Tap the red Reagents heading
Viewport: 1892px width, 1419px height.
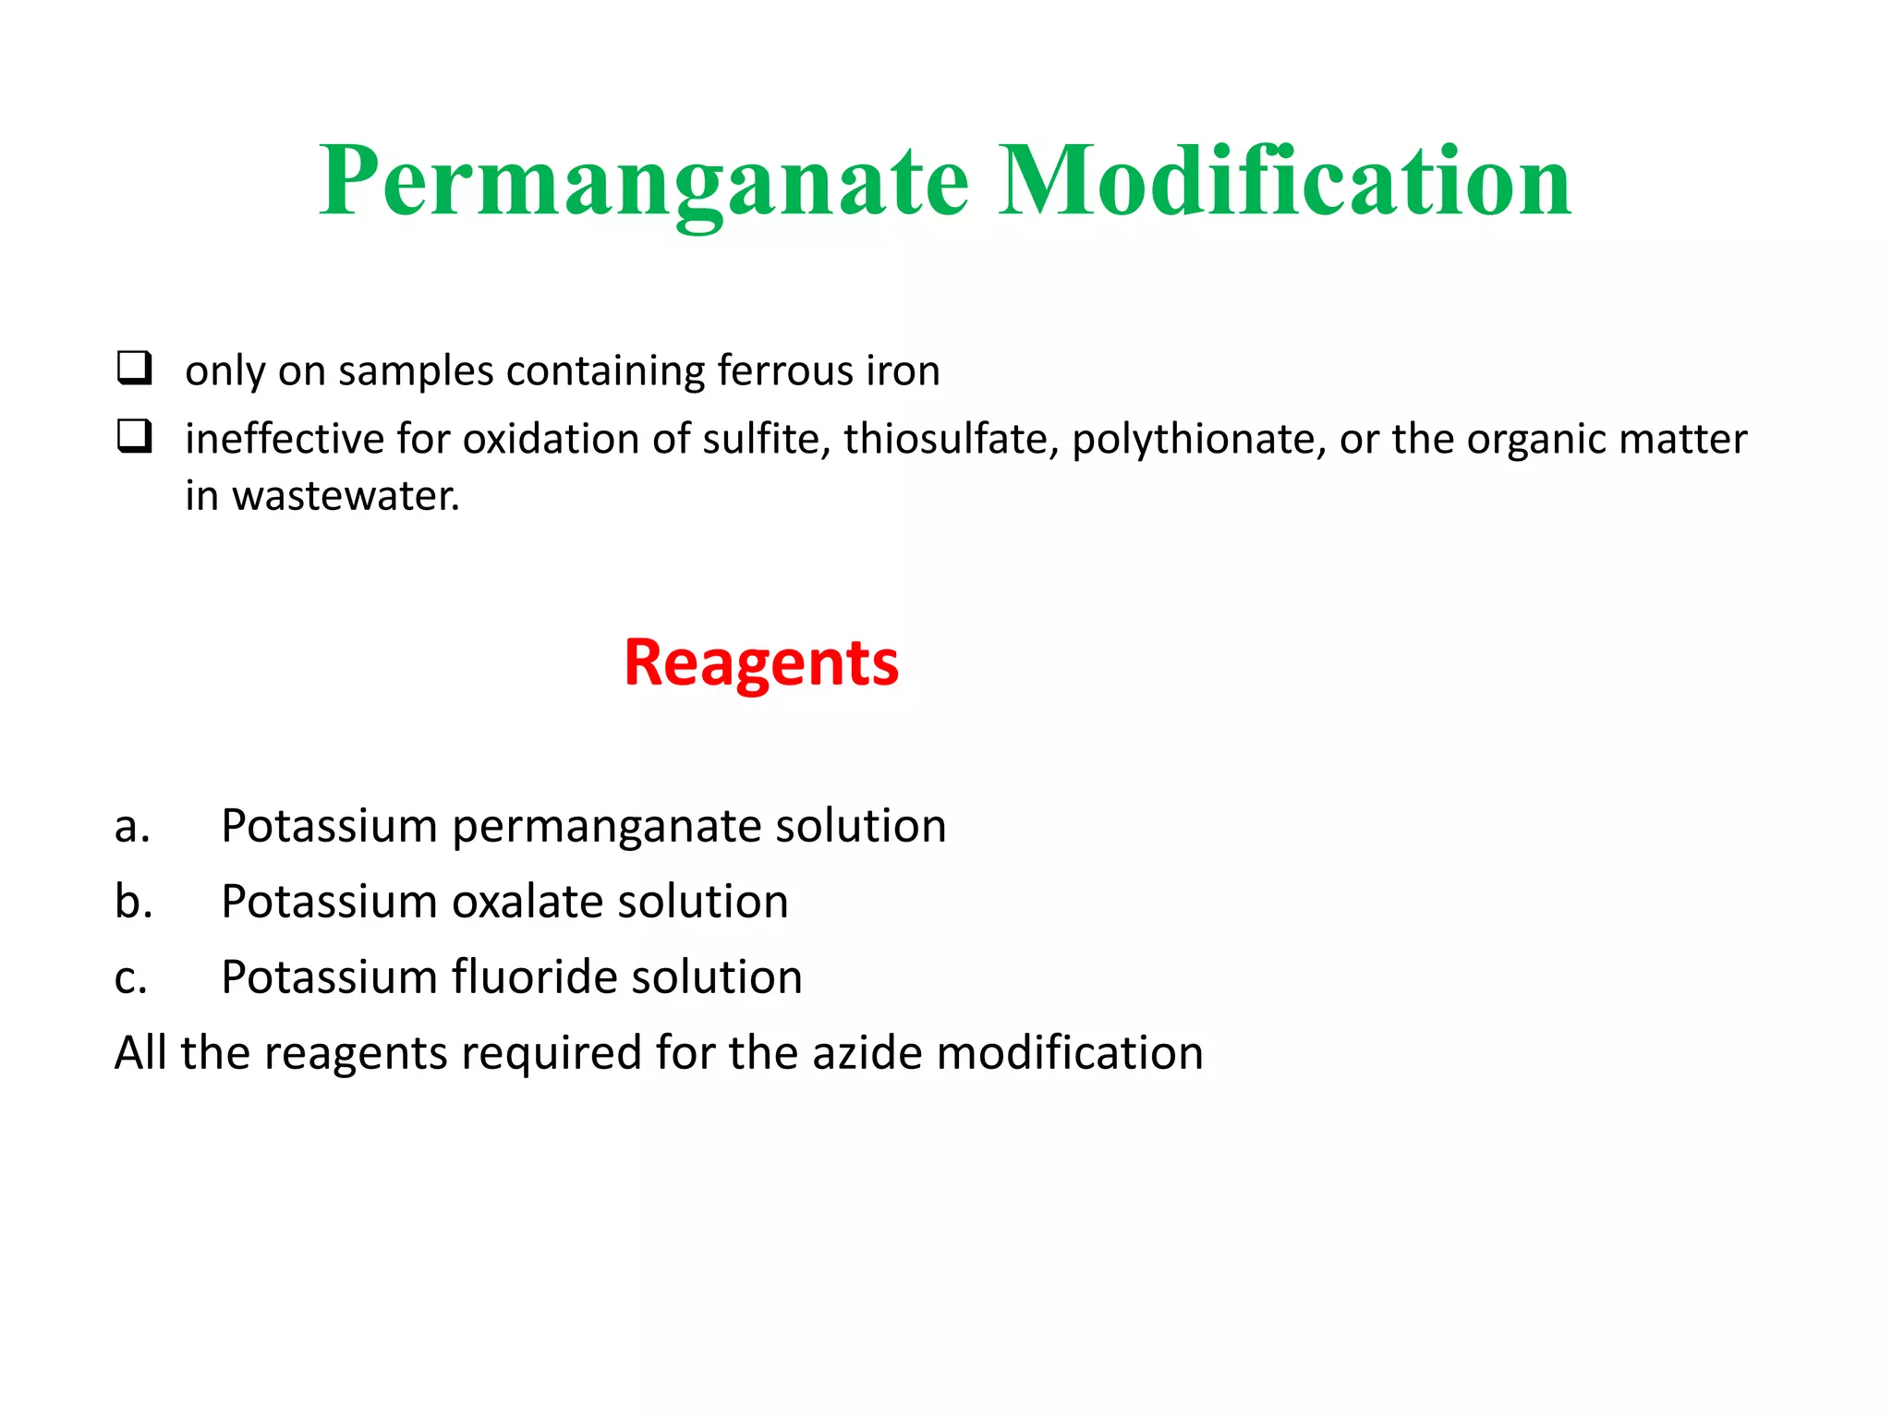coord(760,663)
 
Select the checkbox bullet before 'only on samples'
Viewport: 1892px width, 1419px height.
coord(134,368)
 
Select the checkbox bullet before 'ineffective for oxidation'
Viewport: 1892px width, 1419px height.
coord(134,436)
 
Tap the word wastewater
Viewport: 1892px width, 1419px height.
coord(346,496)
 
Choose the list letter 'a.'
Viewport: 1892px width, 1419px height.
coord(132,826)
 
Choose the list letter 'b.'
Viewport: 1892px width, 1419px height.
coord(133,902)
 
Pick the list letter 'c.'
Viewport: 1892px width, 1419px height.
coord(131,977)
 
